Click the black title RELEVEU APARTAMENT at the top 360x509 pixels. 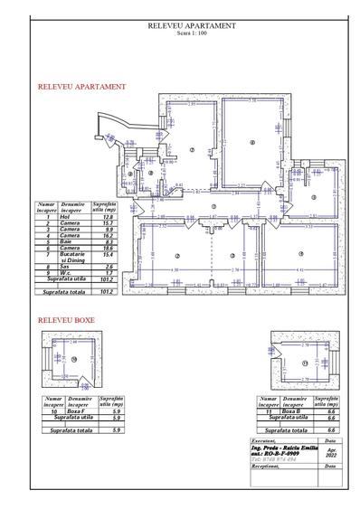click(x=191, y=26)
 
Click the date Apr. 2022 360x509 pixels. click(x=330, y=451)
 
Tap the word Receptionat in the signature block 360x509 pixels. click(x=264, y=468)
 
